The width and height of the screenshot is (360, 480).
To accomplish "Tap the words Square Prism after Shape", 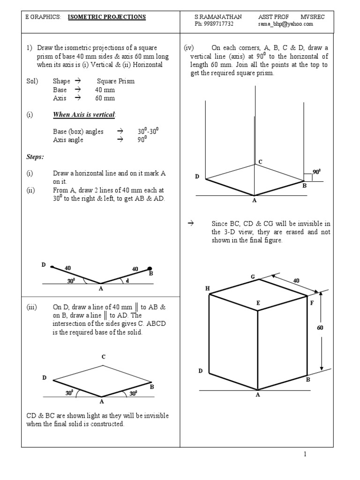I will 116,81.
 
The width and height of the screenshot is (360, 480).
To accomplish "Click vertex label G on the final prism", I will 252,277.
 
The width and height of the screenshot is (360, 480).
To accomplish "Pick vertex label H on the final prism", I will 207,288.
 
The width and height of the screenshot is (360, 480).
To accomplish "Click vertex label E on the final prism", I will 258,303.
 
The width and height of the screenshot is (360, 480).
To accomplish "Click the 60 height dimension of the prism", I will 320,328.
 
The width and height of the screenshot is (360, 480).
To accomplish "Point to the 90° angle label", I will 317,172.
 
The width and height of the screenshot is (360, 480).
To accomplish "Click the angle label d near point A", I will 127,280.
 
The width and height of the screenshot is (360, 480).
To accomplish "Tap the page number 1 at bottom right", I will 304,454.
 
